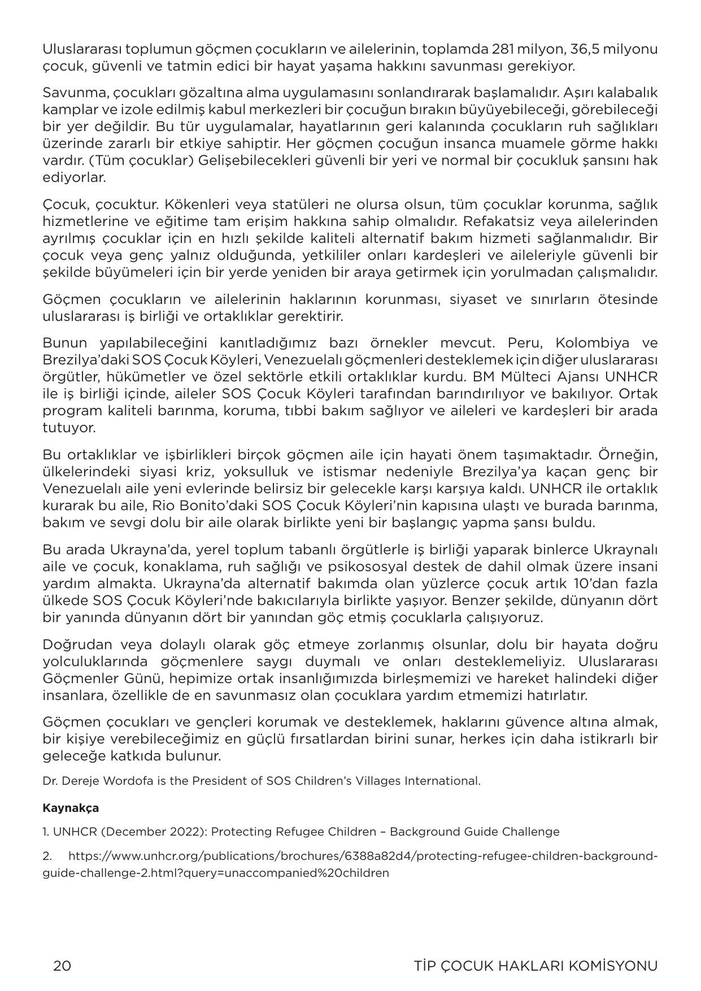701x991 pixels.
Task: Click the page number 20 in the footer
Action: pos(62,966)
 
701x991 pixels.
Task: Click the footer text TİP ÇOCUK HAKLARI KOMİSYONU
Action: pos(535,966)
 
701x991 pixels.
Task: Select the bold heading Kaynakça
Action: pos(71,807)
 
